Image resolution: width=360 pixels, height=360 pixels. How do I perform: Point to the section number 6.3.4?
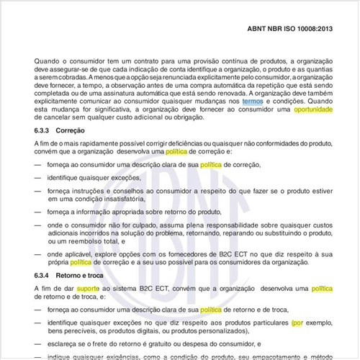(45, 276)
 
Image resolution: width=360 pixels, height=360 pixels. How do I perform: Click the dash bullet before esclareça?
(37, 345)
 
